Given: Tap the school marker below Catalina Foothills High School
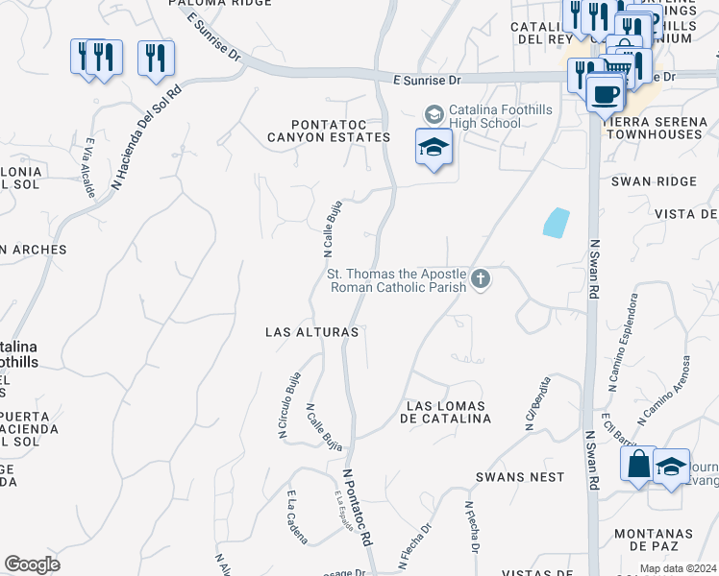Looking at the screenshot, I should pos(434,148).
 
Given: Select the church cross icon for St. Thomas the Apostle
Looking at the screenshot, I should pos(481,279).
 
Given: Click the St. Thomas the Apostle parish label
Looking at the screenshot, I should pos(397,279).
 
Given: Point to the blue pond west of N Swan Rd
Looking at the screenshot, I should pos(556,223).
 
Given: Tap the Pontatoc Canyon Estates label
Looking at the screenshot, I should pos(341,131).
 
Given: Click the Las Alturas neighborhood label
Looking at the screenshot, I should pos(311,332).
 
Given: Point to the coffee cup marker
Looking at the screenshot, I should pos(605,94).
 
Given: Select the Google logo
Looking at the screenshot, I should pos(32,564).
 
